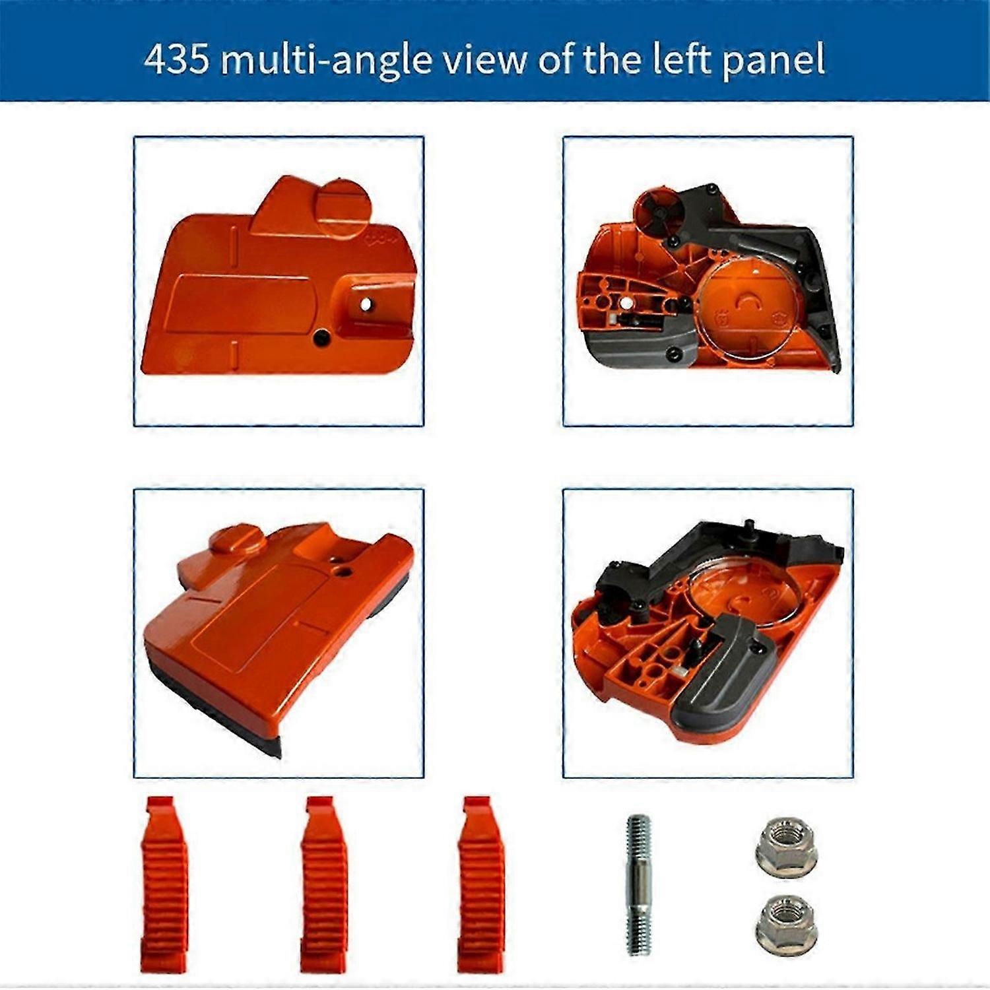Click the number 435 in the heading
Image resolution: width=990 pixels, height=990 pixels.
click(x=176, y=59)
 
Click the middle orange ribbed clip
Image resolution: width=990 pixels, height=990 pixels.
click(x=324, y=884)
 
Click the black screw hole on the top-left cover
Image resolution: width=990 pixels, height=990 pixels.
click(x=322, y=336)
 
